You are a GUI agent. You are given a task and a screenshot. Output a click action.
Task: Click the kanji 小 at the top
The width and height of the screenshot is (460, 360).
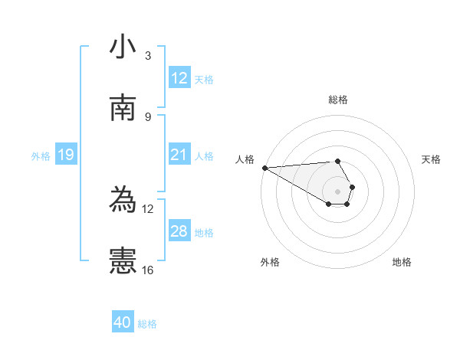coord(123,47)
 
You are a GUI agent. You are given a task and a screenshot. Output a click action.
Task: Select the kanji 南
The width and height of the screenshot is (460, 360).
coord(123,108)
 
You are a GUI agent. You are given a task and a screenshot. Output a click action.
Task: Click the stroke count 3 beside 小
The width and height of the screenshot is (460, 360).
coord(148,56)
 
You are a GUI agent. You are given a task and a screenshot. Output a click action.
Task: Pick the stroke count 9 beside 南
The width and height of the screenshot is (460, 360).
coord(148,116)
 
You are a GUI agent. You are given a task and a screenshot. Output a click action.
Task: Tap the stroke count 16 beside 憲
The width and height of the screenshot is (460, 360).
coord(148,270)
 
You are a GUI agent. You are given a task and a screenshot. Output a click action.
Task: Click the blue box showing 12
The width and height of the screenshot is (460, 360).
coord(179,78)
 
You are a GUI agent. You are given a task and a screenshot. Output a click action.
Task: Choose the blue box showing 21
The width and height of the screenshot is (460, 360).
coord(179,155)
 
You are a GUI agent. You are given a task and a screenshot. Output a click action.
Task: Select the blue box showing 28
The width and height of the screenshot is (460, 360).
coord(179,231)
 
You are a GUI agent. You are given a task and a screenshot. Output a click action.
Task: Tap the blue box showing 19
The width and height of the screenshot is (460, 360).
coord(66,155)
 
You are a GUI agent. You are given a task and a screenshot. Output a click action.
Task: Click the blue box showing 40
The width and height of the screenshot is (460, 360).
coord(123,322)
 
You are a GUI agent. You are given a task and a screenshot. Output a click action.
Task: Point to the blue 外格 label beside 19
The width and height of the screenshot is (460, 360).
coord(41,156)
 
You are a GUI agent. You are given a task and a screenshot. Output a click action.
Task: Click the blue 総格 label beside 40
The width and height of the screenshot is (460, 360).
coord(147,324)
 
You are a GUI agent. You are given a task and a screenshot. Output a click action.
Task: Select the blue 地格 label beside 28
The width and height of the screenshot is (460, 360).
coord(204,233)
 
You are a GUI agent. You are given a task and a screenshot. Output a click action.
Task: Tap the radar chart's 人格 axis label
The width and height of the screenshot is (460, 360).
coord(245,159)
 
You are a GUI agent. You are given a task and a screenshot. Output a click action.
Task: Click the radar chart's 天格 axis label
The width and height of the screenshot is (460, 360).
coord(432,159)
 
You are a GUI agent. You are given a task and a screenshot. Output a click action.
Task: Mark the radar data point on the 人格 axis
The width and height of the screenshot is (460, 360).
coord(264,168)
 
